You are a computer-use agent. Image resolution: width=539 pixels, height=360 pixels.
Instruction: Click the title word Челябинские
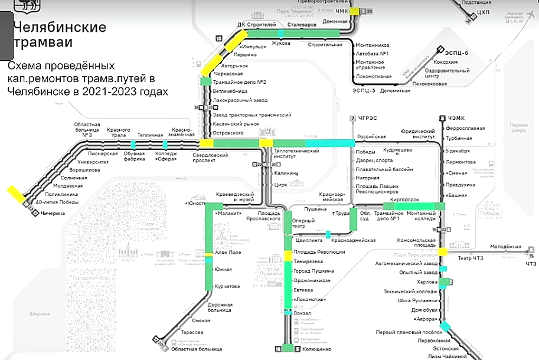(x=59, y=27)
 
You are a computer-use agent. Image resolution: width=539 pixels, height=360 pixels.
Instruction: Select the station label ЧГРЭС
(x=367, y=118)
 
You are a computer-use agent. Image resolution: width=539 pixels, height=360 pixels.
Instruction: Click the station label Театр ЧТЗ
(x=470, y=258)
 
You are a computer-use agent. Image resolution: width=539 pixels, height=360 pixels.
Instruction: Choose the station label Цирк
(x=280, y=184)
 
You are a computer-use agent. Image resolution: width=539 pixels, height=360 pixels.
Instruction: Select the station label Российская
(x=371, y=136)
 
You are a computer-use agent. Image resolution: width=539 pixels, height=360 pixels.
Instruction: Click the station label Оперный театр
(x=303, y=224)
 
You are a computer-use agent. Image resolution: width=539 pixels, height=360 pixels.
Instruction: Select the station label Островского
(x=228, y=133)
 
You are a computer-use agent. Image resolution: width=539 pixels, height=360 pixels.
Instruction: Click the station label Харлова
(x=427, y=282)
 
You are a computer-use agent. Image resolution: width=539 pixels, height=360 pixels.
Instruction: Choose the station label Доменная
(x=335, y=21)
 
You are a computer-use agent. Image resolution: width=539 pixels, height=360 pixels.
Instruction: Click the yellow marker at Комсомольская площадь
(x=443, y=252)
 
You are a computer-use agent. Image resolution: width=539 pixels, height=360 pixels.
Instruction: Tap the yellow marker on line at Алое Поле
(x=208, y=254)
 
